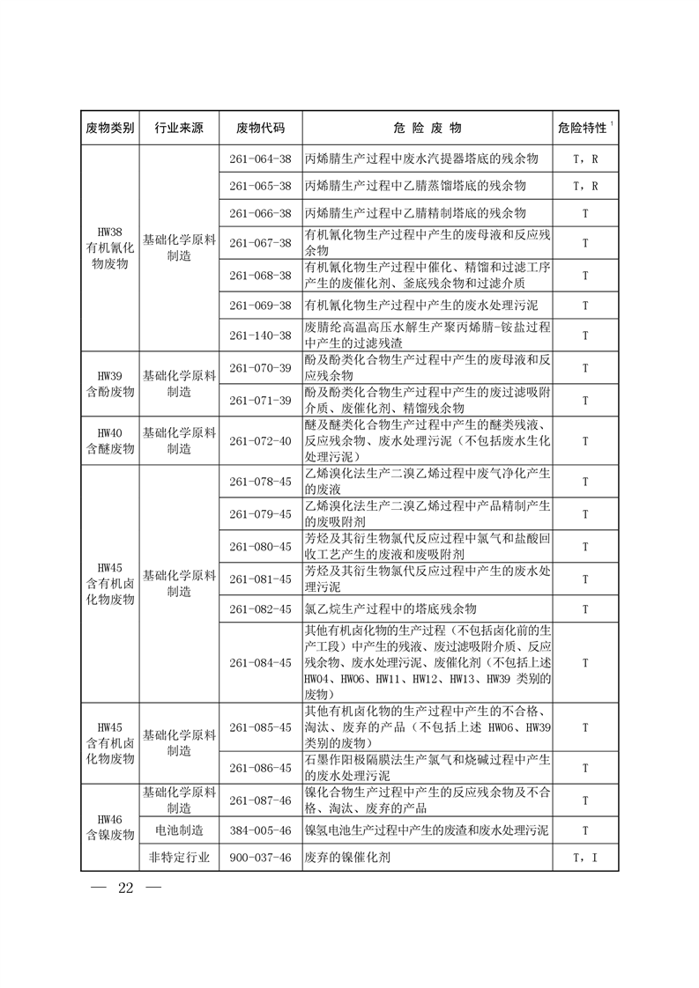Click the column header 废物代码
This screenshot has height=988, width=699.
click(x=260, y=128)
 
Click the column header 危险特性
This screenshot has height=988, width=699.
click(x=583, y=128)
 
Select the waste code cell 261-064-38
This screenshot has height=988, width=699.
click(x=260, y=159)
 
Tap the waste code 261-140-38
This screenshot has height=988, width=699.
click(x=260, y=335)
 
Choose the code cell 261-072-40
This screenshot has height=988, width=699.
click(x=260, y=440)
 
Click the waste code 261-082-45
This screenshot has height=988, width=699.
click(x=260, y=608)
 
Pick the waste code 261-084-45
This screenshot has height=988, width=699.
click(x=260, y=662)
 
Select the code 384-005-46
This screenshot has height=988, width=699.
click(x=260, y=829)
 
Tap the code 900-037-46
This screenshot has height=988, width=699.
click(x=260, y=858)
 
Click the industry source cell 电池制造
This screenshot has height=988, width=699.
click(x=179, y=829)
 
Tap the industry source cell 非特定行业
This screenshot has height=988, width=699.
click(x=179, y=858)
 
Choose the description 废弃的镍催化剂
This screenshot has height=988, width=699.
click(x=347, y=858)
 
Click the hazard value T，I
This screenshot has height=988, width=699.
click(x=585, y=858)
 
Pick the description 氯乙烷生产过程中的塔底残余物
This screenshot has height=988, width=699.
click(x=390, y=608)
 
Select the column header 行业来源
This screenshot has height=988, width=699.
click(x=179, y=128)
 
